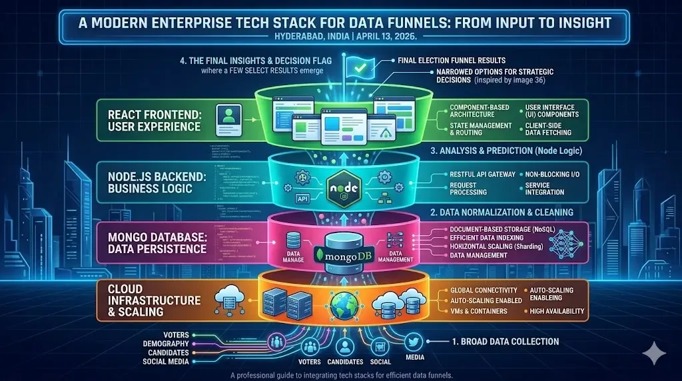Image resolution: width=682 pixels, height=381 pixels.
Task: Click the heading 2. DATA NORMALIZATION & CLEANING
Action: (502, 212)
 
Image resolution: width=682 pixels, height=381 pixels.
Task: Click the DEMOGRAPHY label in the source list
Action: (165, 343)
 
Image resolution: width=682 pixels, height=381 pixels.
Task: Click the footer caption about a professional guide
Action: (341, 375)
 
